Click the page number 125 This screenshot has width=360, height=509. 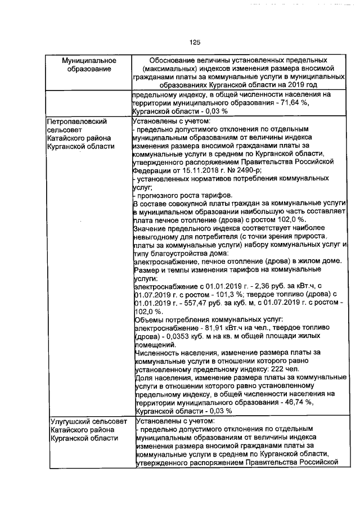click(195, 43)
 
